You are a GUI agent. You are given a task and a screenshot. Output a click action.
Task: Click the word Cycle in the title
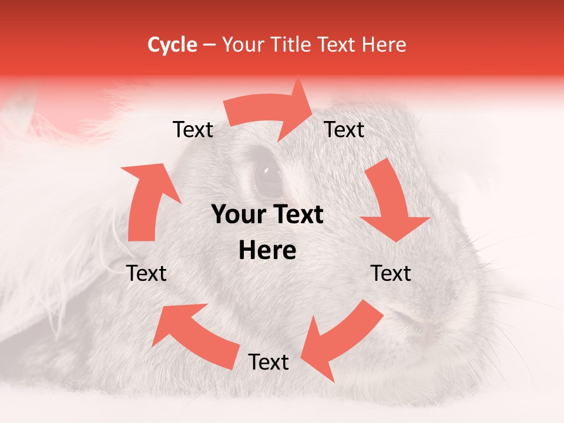pyautogui.click(x=172, y=45)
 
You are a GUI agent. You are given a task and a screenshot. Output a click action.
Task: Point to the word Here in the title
pyautogui.click(x=385, y=45)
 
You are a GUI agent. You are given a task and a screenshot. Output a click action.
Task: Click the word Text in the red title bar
pyautogui.click(x=337, y=45)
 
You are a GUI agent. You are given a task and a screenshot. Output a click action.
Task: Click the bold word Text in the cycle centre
pyautogui.click(x=296, y=215)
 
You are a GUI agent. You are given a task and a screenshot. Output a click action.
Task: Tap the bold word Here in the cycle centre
pyautogui.click(x=267, y=251)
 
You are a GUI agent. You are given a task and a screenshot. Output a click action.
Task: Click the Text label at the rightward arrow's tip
pyautogui.click(x=344, y=129)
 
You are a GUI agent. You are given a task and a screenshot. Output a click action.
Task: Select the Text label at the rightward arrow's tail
pyautogui.click(x=193, y=129)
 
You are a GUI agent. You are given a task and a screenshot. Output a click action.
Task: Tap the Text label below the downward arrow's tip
pyautogui.click(x=391, y=273)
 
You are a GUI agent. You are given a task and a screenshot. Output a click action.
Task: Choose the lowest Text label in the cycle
pyautogui.click(x=268, y=362)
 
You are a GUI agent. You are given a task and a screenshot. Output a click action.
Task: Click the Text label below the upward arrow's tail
pyautogui.click(x=146, y=273)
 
